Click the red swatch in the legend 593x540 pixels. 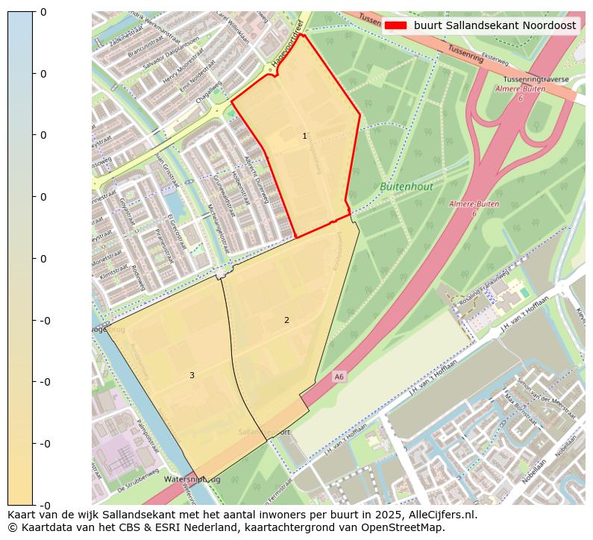pyautogui.click(x=396, y=25)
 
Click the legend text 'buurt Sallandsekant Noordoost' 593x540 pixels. pyautogui.click(x=495, y=25)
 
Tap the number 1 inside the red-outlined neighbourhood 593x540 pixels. pyautogui.click(x=304, y=136)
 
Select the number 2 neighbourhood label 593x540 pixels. pyautogui.click(x=286, y=320)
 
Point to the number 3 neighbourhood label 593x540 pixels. pyautogui.click(x=192, y=375)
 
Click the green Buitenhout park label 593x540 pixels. pyautogui.click(x=406, y=186)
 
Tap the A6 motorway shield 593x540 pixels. pyautogui.click(x=339, y=377)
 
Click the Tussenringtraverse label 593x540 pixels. pyautogui.click(x=536, y=79)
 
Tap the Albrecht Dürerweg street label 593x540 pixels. pyautogui.click(x=257, y=179)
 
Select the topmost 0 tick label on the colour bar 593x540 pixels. pyautogui.click(x=43, y=12)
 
